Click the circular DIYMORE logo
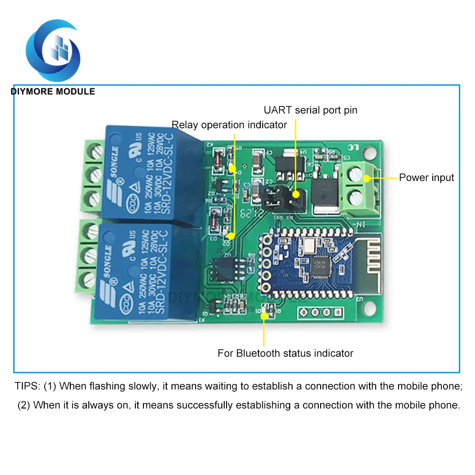point(53,49)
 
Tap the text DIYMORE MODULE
point(53,91)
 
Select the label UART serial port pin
point(310,110)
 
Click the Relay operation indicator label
point(229,125)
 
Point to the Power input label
point(426,178)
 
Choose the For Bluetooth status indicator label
point(285,353)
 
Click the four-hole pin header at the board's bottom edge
point(320,313)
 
